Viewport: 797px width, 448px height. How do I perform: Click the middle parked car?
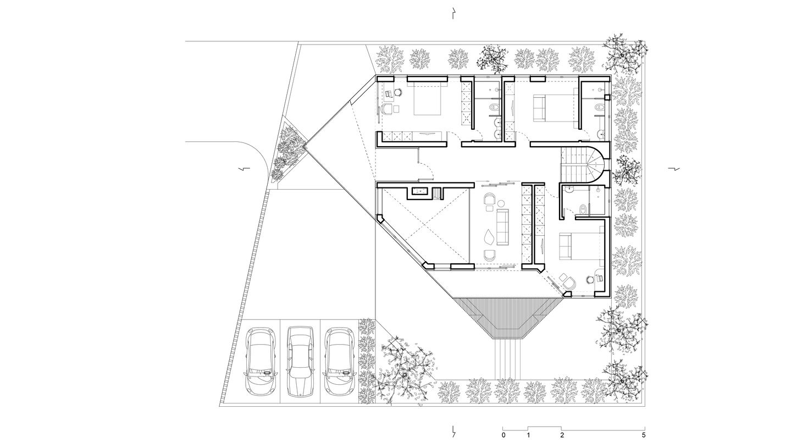click(300, 362)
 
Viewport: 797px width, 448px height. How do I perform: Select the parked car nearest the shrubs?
click(339, 362)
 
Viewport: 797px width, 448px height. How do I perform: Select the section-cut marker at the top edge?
click(453, 13)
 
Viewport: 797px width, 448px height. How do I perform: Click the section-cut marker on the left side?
click(245, 168)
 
